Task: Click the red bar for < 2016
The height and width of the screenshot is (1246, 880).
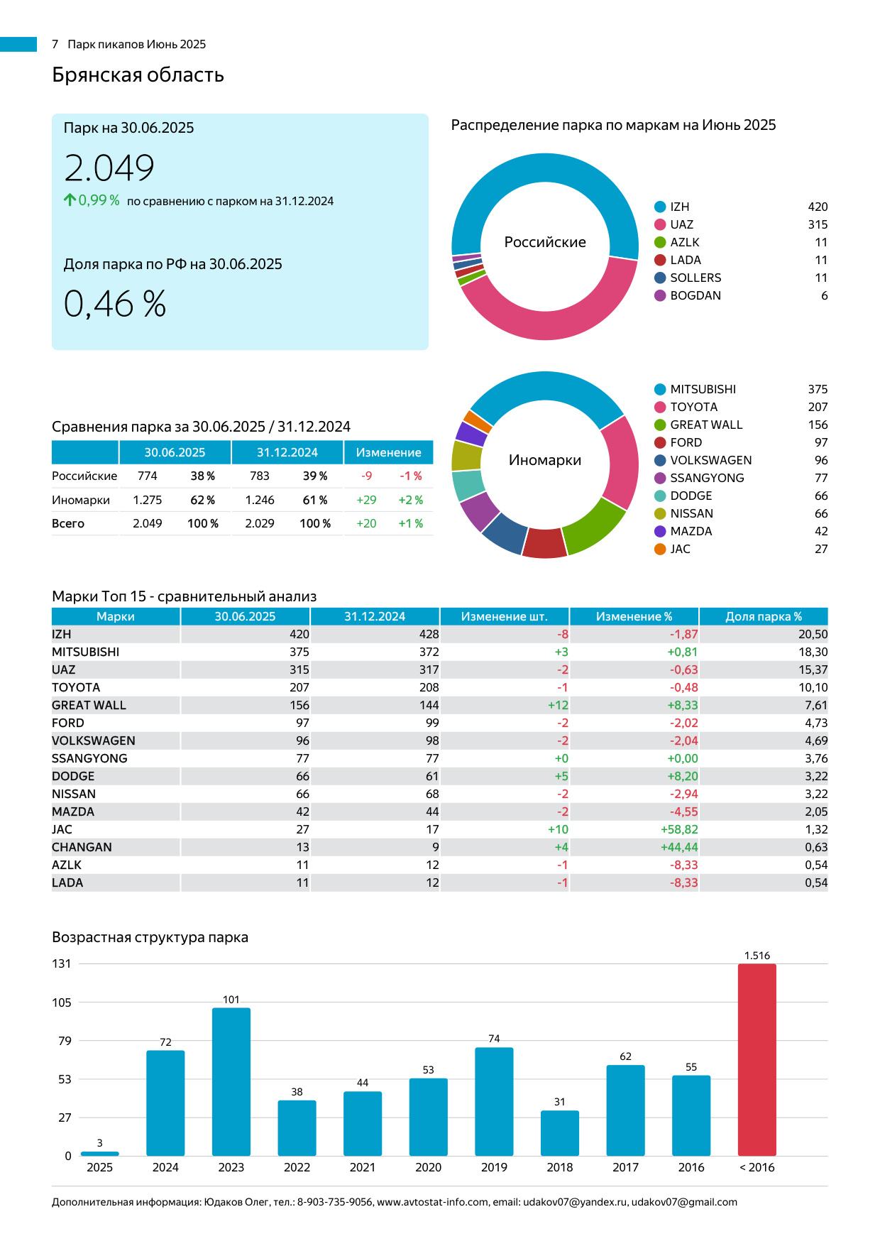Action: coord(757,1059)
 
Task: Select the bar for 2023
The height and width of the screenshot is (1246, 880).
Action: coord(231,1081)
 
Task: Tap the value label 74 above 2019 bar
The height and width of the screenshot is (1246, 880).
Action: coord(494,1039)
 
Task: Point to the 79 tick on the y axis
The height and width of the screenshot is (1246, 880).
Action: coord(65,1041)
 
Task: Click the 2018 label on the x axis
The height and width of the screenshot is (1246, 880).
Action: coord(560,1167)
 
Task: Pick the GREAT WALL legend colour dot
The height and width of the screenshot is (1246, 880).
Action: coord(660,425)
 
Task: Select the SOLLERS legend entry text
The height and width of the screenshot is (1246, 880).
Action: coord(695,278)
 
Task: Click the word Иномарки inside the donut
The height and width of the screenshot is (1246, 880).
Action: coord(545,460)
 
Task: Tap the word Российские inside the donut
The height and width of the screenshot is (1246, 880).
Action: coord(545,242)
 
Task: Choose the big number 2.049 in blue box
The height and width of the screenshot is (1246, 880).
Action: coord(109,168)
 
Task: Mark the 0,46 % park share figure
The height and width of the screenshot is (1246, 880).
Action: coord(115,304)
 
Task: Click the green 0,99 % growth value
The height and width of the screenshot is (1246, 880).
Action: coord(99,200)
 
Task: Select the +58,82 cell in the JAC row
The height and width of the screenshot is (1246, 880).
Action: coord(679,829)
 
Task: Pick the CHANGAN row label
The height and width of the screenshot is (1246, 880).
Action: coord(82,847)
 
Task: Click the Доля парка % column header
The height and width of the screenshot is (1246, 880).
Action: coord(764,616)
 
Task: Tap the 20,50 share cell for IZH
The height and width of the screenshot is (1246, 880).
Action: coord(813,634)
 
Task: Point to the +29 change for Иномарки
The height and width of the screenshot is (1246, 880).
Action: coord(366,500)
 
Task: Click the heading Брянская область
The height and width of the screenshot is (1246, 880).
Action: coord(138,75)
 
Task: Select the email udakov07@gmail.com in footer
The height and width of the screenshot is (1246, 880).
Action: coord(684,1202)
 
